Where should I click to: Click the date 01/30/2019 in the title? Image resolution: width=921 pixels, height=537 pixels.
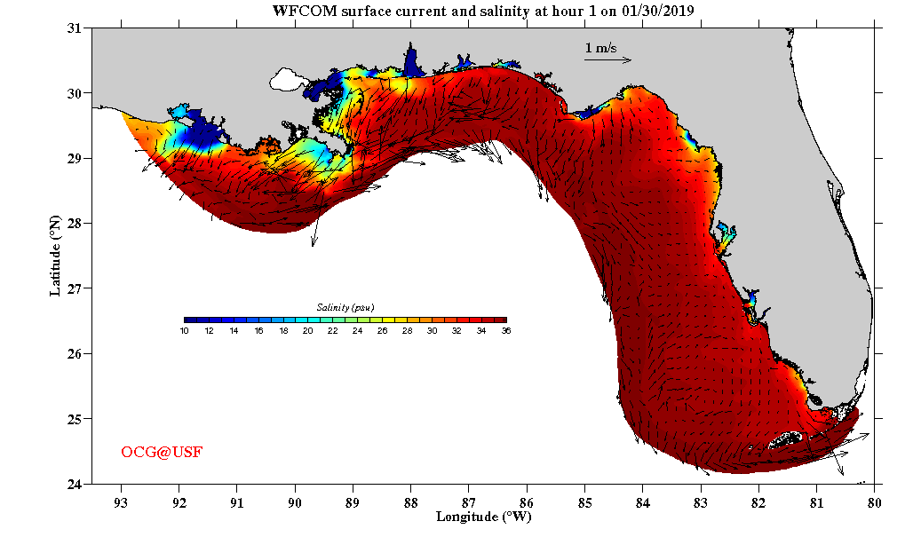(x=653, y=12)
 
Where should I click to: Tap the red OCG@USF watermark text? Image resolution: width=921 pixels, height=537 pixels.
(x=162, y=453)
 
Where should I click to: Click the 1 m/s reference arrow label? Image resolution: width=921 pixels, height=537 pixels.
(x=600, y=48)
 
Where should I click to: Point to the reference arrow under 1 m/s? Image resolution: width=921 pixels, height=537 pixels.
(x=607, y=60)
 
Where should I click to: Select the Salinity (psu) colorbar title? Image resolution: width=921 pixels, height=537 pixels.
(x=345, y=307)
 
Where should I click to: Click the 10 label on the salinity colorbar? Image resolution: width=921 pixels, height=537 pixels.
(x=184, y=330)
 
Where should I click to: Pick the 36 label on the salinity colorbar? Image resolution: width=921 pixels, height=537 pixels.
(x=505, y=330)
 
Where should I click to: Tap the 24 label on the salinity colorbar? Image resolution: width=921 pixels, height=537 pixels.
(x=357, y=330)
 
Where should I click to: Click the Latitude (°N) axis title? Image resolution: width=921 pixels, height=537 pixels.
(x=56, y=256)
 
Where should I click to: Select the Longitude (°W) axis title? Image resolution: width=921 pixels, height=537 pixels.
(x=483, y=516)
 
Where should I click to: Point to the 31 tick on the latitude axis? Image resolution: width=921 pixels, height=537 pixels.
(x=75, y=28)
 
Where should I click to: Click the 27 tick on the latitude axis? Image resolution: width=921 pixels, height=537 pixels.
(x=75, y=288)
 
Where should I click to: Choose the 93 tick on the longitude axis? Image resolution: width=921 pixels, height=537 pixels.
(x=121, y=500)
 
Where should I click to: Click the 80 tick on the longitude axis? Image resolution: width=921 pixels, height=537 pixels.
(x=875, y=500)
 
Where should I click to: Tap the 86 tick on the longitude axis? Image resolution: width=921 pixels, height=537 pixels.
(x=527, y=500)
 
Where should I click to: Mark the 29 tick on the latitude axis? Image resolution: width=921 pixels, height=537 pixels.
(x=75, y=158)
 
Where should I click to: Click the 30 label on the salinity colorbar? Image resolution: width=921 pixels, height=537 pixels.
(x=431, y=330)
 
